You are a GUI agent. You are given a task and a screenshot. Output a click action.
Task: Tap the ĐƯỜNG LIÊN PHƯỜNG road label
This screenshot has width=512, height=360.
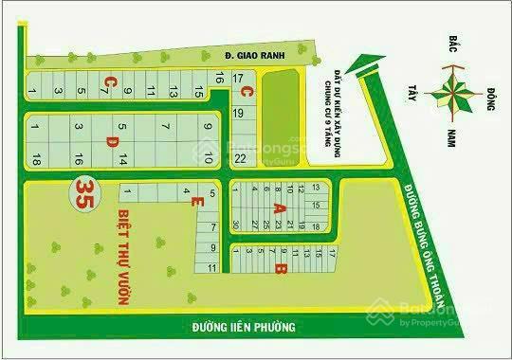tap(244, 327)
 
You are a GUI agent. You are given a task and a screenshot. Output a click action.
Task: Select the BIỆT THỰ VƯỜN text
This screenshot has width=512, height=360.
tap(122, 257)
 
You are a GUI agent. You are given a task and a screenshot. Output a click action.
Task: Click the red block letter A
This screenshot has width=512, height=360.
tap(279, 207)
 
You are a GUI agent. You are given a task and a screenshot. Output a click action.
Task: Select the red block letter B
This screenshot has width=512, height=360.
tap(279, 269)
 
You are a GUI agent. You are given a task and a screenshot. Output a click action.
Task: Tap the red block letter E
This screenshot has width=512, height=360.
tap(193, 203)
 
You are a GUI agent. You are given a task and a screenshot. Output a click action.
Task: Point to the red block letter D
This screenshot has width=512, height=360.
tap(111, 142)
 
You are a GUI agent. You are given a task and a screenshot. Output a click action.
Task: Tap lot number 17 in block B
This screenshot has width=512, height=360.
tap(333, 251)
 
